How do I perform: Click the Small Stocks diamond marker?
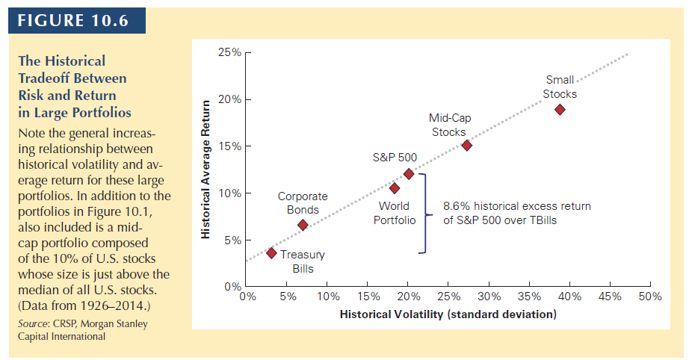(x=560, y=110)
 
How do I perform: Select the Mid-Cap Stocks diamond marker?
(x=466, y=146)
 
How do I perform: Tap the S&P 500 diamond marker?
(x=409, y=173)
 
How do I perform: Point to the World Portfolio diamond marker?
(x=395, y=188)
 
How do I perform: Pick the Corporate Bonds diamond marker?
(x=303, y=225)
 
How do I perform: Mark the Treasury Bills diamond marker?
(x=271, y=253)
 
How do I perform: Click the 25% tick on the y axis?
(x=243, y=53)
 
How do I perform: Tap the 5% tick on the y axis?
(x=243, y=240)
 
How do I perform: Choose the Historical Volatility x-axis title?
(x=448, y=314)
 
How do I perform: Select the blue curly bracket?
(x=423, y=213)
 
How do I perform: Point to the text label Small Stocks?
(x=560, y=87)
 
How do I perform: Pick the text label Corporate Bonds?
(x=303, y=203)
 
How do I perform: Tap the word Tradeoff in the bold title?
(x=45, y=78)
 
